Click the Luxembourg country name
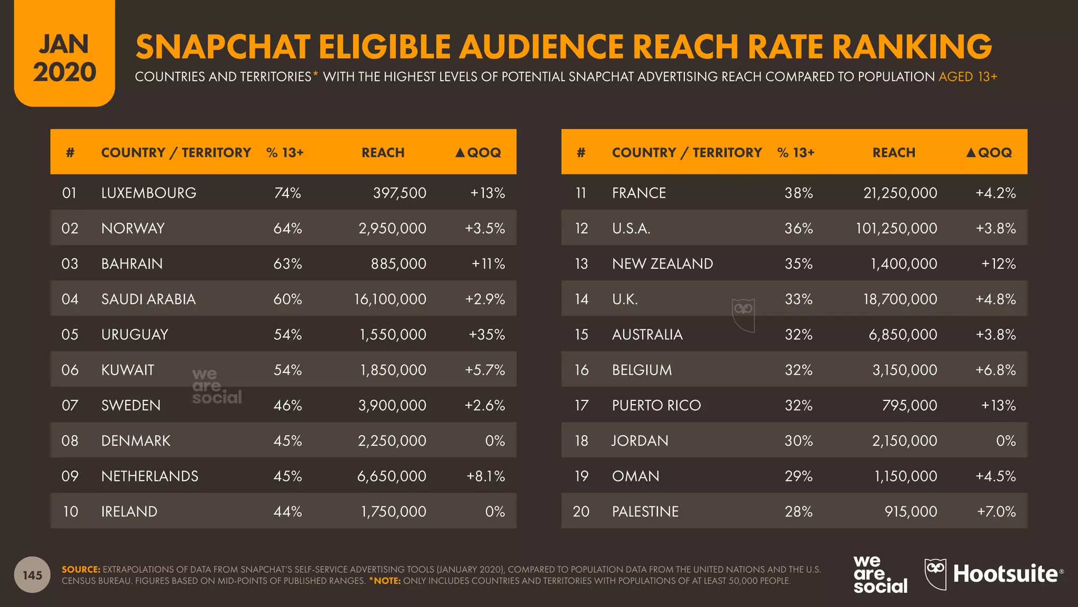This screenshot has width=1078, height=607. pyautogui.click(x=148, y=193)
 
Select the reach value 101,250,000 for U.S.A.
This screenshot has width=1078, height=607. pyautogui.click(x=896, y=228)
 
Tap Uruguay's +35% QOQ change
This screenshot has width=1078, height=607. pyautogui.click(x=486, y=335)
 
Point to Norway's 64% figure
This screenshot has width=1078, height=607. pyautogui.click(x=287, y=228)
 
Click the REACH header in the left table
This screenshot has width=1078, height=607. pyautogui.click(x=383, y=153)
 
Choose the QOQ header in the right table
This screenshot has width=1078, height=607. pyautogui.click(x=989, y=153)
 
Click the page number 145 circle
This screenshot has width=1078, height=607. pyautogui.click(x=32, y=575)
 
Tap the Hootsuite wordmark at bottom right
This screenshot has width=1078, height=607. pyautogui.click(x=1005, y=574)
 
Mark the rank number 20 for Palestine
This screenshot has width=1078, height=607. pyautogui.click(x=581, y=512)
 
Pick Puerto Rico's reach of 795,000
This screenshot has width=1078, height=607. pyautogui.click(x=910, y=405)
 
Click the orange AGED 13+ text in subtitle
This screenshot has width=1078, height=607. pyautogui.click(x=967, y=77)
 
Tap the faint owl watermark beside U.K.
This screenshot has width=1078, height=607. pyautogui.click(x=743, y=314)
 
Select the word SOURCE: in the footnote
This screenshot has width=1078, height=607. pyautogui.click(x=81, y=570)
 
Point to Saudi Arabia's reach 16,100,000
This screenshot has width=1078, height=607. pyautogui.click(x=390, y=299)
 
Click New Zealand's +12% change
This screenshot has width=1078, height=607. pyautogui.click(x=999, y=263)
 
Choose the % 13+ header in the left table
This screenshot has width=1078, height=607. pyautogui.click(x=285, y=153)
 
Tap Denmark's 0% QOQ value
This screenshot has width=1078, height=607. pyautogui.click(x=495, y=440)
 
